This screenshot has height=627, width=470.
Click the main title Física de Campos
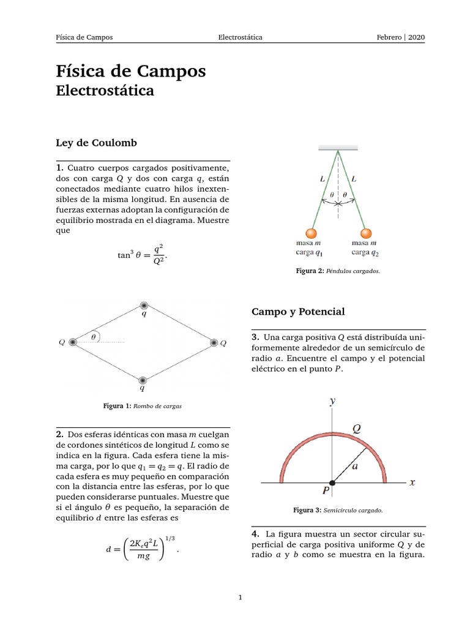coord(131,72)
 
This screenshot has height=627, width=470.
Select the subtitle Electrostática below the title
coord(105,91)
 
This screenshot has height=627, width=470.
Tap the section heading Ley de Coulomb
coord(96,143)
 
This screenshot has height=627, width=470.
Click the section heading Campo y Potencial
coord(298,312)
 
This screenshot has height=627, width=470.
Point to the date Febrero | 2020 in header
coord(400,37)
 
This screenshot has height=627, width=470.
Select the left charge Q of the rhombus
coord(73,342)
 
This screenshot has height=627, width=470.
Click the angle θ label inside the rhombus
coord(93,336)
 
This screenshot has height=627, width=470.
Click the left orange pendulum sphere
coord(311,234)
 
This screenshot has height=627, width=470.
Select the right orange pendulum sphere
coord(366,234)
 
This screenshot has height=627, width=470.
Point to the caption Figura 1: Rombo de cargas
coord(143,405)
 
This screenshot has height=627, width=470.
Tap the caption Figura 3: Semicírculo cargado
coord(338,509)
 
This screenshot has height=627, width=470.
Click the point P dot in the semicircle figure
coord(332,483)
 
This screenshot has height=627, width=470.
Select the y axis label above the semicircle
coord(332,401)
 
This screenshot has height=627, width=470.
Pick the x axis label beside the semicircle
coord(412,482)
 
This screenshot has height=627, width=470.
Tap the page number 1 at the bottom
coord(241,598)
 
